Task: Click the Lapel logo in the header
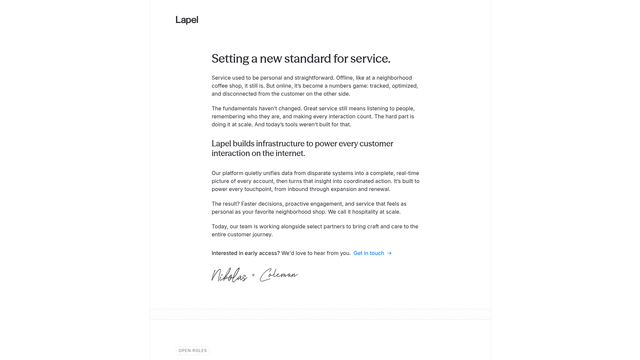[187, 20]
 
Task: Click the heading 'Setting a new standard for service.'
[301, 58]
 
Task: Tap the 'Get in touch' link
[368, 253]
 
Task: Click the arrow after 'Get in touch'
[389, 253]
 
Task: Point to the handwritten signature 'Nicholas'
[229, 275]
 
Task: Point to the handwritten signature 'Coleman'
[279, 275]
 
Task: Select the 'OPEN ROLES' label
[193, 350]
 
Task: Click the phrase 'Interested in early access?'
[245, 253]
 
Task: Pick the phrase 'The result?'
[226, 203]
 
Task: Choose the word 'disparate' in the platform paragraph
[328, 173]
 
